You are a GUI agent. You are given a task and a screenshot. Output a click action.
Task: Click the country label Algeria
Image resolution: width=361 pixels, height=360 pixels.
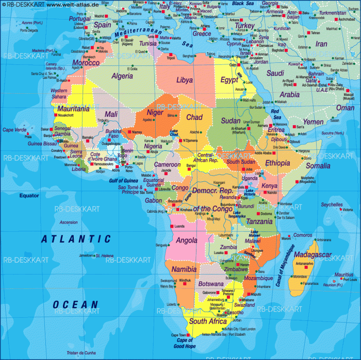coord(122,76)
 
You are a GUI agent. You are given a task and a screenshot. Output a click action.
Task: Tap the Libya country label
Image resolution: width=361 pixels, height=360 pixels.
coord(184,80)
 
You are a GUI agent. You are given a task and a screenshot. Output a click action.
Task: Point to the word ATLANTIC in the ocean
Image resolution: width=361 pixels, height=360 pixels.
coord(76,238)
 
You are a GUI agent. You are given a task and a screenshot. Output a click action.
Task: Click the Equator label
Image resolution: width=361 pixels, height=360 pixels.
coord(29,195)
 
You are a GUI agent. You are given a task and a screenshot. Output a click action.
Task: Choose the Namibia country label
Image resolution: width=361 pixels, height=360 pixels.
coord(184,269)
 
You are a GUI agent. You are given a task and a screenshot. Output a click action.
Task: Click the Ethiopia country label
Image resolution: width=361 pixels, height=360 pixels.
coord(277,163)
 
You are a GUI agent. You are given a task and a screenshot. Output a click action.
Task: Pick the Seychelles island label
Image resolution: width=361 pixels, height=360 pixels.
coord(331,204)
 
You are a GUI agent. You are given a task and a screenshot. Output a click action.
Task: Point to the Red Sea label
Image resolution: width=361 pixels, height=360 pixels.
coord(276,113)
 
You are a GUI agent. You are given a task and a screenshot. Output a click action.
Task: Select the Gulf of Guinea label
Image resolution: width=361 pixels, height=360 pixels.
coord(123,180)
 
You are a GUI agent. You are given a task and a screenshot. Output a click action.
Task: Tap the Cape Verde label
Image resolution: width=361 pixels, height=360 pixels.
coord(15,129)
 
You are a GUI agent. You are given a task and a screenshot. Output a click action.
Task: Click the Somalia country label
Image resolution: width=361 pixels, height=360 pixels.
coord(318,166)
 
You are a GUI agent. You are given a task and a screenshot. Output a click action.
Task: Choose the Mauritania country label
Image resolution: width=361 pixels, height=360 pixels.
coord(73,109)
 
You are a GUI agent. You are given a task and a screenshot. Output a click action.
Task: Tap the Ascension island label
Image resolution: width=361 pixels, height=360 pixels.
coord(69,222)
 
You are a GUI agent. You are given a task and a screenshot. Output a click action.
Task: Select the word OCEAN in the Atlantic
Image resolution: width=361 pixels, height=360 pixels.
coord(75,304)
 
